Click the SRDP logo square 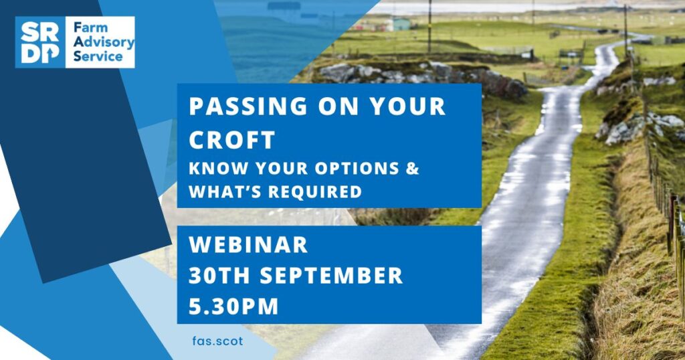pos(40,42)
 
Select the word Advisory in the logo pos(104,42)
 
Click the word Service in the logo pos(98,56)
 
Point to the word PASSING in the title pos(248,106)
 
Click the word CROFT pos(232,141)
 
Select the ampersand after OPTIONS pos(412,168)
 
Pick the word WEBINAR pos(248,245)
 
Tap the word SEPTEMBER pos(331,276)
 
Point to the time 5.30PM pos(233,306)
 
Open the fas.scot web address pos(217,341)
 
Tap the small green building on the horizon pos(401,23)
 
